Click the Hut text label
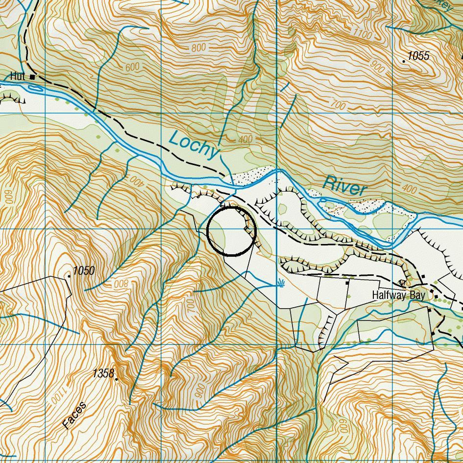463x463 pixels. point(17,76)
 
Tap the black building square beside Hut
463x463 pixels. point(33,77)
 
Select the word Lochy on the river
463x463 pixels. point(193,145)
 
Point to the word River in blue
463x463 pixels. point(345,186)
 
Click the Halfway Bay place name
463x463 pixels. point(398,295)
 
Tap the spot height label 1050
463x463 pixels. point(84,271)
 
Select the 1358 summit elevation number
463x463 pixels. point(103,374)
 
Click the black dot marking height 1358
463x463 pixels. point(117,379)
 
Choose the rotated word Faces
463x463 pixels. point(74,415)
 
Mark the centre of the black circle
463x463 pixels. point(232,231)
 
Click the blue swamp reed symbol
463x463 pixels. point(281,283)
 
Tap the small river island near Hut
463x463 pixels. point(36,89)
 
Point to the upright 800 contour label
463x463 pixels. point(198,48)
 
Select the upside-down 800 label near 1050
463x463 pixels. point(121,285)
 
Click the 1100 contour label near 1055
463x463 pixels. point(362,34)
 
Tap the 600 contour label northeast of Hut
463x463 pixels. point(132,67)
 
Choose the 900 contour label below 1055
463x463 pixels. point(378,66)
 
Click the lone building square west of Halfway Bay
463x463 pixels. point(347,283)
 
